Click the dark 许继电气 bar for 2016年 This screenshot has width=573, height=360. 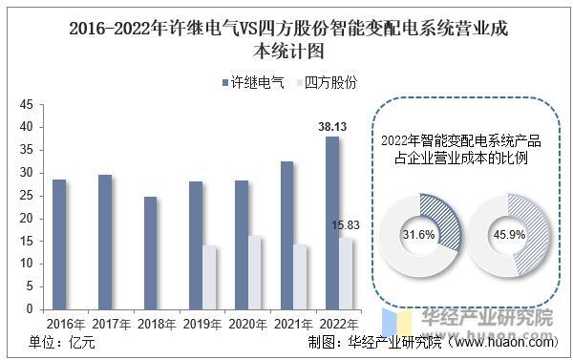(x=59, y=244)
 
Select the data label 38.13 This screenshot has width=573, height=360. (x=331, y=125)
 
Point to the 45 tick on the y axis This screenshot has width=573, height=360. (x=27, y=104)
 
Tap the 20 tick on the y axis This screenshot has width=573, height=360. (x=27, y=218)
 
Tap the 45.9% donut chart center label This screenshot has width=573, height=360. (x=509, y=235)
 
